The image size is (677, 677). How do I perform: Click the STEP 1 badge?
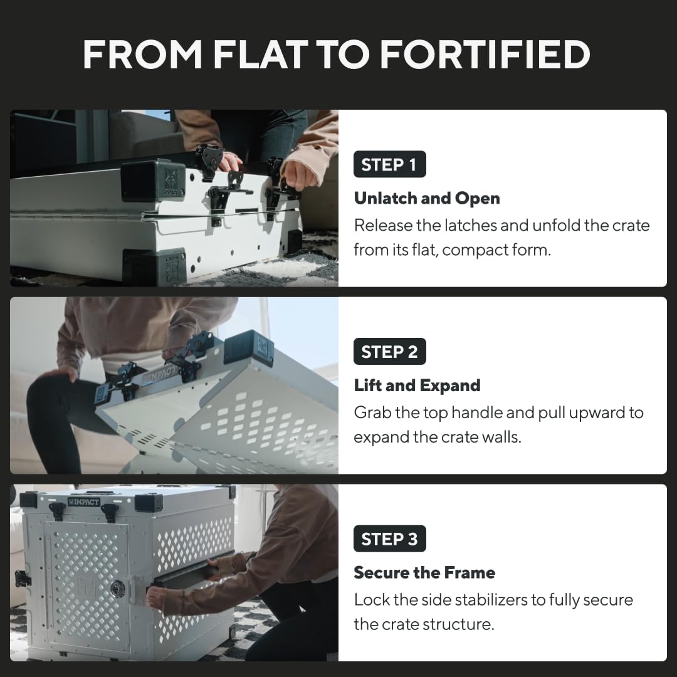coord(389,165)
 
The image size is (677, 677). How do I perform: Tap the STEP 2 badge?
coord(389,352)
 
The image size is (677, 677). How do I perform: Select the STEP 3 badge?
coord(389,539)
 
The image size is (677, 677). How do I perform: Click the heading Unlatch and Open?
coord(427,198)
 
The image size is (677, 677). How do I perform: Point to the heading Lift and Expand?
coord(417,385)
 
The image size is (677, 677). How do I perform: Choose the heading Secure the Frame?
coord(424,572)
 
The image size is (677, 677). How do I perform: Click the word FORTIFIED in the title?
coord(485,55)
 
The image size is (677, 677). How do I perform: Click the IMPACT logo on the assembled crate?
coord(83,501)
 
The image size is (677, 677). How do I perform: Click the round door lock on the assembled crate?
coord(117,588)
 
